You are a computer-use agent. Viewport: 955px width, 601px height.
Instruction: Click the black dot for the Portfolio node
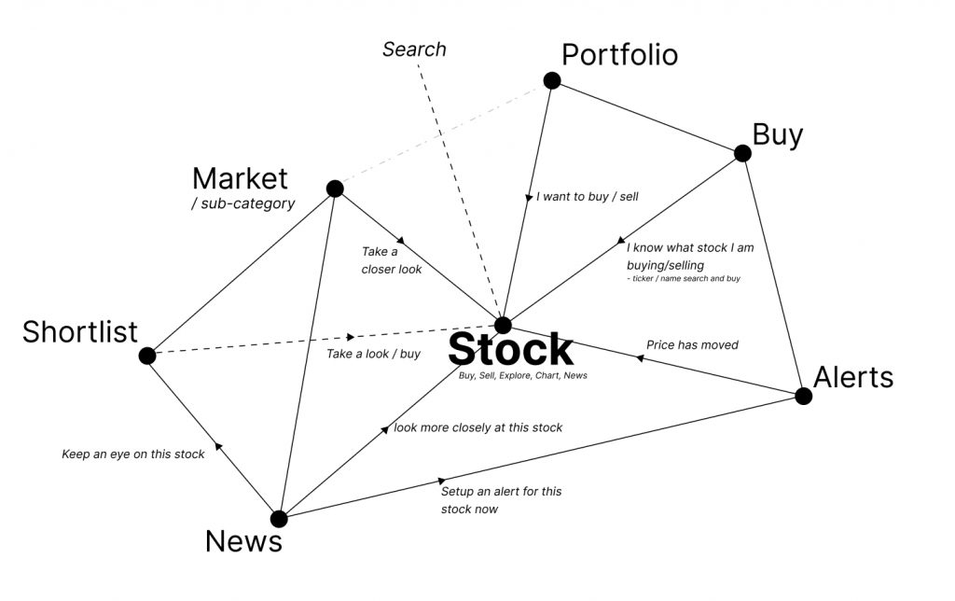click(551, 80)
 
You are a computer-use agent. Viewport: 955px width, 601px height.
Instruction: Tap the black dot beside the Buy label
click(742, 153)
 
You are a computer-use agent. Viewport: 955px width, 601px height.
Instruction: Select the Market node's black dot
click(335, 189)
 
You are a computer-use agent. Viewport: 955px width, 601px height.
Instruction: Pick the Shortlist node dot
click(147, 356)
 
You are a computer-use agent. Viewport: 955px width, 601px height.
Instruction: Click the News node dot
click(278, 519)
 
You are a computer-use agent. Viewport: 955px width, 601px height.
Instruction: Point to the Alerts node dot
click(803, 396)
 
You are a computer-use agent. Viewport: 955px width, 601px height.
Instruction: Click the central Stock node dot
click(503, 325)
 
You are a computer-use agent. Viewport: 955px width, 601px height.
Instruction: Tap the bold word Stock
click(510, 349)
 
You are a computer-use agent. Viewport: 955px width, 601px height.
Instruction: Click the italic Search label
click(414, 49)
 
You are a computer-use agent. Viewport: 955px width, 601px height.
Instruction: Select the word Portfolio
click(619, 55)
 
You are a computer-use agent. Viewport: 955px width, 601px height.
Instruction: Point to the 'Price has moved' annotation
click(692, 345)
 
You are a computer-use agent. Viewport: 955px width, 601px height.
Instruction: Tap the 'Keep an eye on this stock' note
click(133, 454)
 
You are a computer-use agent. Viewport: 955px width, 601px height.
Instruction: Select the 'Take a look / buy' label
click(373, 354)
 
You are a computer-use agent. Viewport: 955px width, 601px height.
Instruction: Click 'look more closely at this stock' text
click(478, 427)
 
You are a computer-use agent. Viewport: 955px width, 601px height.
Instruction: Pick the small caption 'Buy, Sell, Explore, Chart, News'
click(522, 375)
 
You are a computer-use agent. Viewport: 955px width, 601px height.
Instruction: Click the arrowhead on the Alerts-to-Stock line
click(640, 356)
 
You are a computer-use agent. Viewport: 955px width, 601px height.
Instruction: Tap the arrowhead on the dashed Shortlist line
click(350, 337)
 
